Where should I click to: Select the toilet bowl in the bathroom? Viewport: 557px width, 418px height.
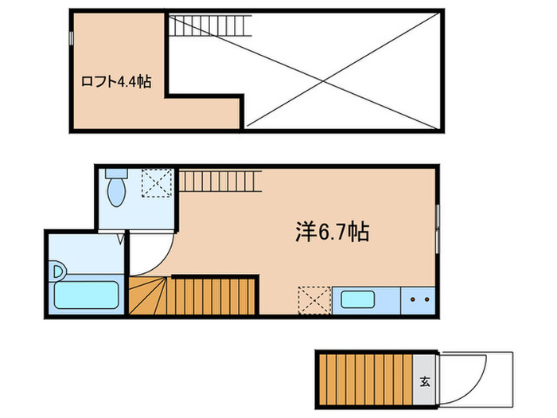click(117, 192)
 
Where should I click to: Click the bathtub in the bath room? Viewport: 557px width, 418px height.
click(87, 298)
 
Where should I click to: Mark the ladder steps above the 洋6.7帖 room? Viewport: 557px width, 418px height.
click(220, 180)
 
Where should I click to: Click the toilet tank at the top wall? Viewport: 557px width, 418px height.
click(117, 174)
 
